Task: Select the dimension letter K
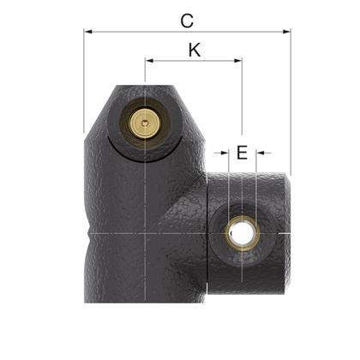(194, 50)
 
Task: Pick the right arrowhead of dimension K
(238, 61)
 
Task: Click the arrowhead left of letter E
(225, 153)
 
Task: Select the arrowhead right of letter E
(260, 153)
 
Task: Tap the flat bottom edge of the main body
(146, 302)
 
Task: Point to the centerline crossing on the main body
(147, 232)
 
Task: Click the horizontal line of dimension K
(194, 61)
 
